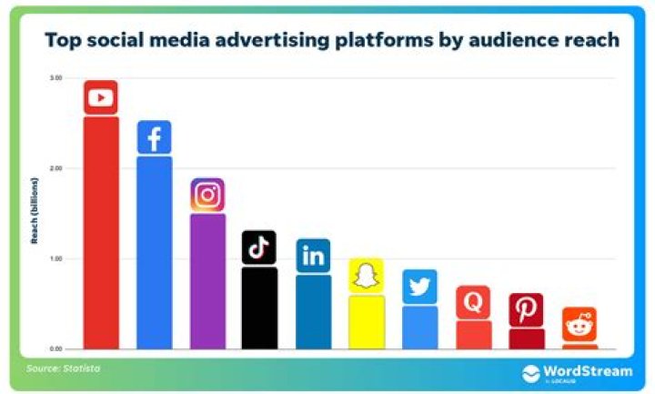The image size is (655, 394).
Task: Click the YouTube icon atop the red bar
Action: coord(101,97)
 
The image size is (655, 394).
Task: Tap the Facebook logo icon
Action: coord(154,137)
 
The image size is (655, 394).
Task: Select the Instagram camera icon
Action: coord(207,195)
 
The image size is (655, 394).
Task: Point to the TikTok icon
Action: coord(258,248)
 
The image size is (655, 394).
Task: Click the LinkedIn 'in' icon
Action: coord(313,256)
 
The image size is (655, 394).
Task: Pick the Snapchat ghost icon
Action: coord(366,276)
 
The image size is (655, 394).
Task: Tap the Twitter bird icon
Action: coord(419,287)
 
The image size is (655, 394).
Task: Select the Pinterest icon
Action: coord(526,310)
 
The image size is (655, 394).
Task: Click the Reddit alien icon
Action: coord(579,324)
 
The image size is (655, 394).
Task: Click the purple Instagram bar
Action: coord(207,281)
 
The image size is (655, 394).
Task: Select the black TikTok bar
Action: coord(259,308)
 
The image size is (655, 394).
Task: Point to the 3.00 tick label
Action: coord(56,78)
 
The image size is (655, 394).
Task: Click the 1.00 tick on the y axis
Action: coord(56,258)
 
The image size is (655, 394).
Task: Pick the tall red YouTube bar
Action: coord(101,232)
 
